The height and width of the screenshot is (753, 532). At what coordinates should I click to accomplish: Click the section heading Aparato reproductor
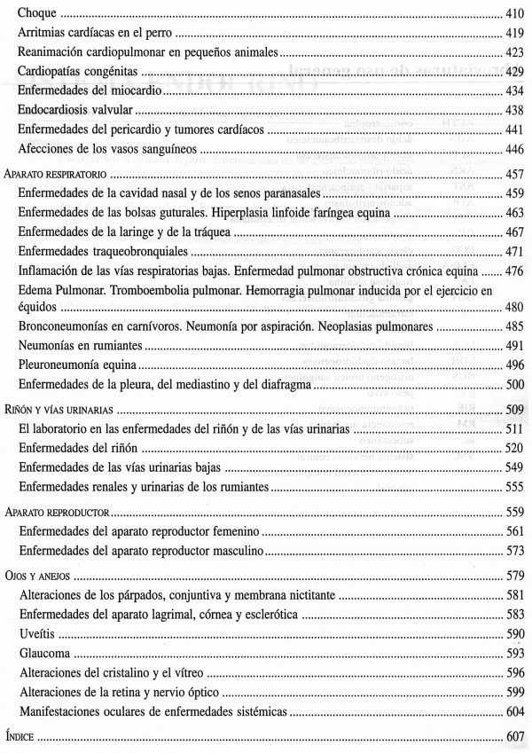(x=56, y=513)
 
